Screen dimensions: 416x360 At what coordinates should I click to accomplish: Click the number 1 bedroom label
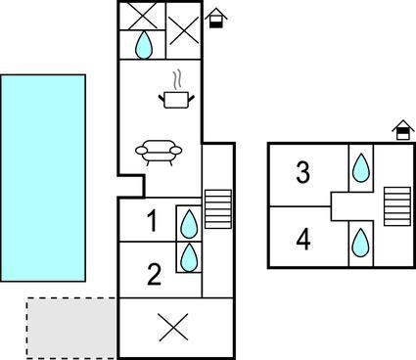pos(153,221)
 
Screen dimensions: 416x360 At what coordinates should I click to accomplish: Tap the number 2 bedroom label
pos(155,275)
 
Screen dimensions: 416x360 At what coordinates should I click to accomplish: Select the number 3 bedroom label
pos(302,172)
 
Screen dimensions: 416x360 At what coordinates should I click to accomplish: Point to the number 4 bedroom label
pos(303,239)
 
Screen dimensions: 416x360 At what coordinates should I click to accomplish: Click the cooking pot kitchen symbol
pos(176,95)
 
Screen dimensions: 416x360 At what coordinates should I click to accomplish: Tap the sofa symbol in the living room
pos(159,153)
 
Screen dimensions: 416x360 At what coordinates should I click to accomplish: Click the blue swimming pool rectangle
pos(43,178)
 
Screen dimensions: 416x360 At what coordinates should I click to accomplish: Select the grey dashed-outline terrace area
pos(71,328)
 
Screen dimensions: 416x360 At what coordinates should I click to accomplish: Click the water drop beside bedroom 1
pos(189,224)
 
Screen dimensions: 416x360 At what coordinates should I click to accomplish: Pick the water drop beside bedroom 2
pos(189,257)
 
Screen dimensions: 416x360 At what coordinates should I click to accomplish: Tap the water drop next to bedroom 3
pos(361,167)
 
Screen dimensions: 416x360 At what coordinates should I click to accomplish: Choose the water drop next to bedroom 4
pos(361,243)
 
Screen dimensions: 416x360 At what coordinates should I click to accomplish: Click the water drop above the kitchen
pos(144,45)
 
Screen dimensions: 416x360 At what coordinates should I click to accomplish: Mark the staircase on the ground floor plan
pos(218,209)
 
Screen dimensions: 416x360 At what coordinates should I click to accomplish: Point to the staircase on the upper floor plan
pos(397,206)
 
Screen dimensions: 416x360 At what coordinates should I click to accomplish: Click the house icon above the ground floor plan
pos(215,18)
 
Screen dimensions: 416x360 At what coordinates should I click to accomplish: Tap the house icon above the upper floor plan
pos(403,130)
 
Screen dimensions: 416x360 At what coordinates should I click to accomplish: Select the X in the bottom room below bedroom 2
pos(173,328)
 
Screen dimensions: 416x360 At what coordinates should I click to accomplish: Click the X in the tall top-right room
pos(184,30)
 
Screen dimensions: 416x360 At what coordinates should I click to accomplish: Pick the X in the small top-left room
pos(141,16)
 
